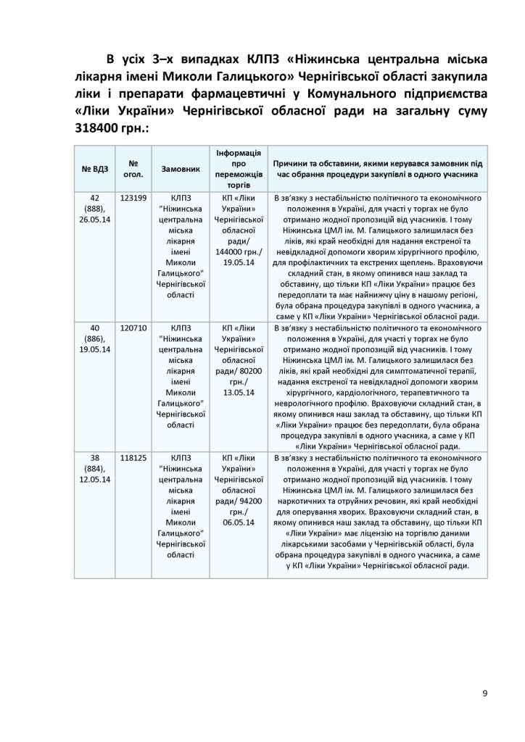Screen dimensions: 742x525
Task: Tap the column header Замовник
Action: (x=180, y=168)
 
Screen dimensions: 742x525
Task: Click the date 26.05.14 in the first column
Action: (x=95, y=220)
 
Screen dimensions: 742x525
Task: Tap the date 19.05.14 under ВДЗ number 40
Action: (x=95, y=351)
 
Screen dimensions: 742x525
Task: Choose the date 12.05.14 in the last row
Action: (x=95, y=480)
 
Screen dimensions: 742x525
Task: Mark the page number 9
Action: (x=484, y=693)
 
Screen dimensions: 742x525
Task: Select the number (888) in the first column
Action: (x=95, y=209)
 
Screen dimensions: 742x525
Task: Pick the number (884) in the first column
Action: (x=95, y=470)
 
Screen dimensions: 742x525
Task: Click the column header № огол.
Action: (x=134, y=168)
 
